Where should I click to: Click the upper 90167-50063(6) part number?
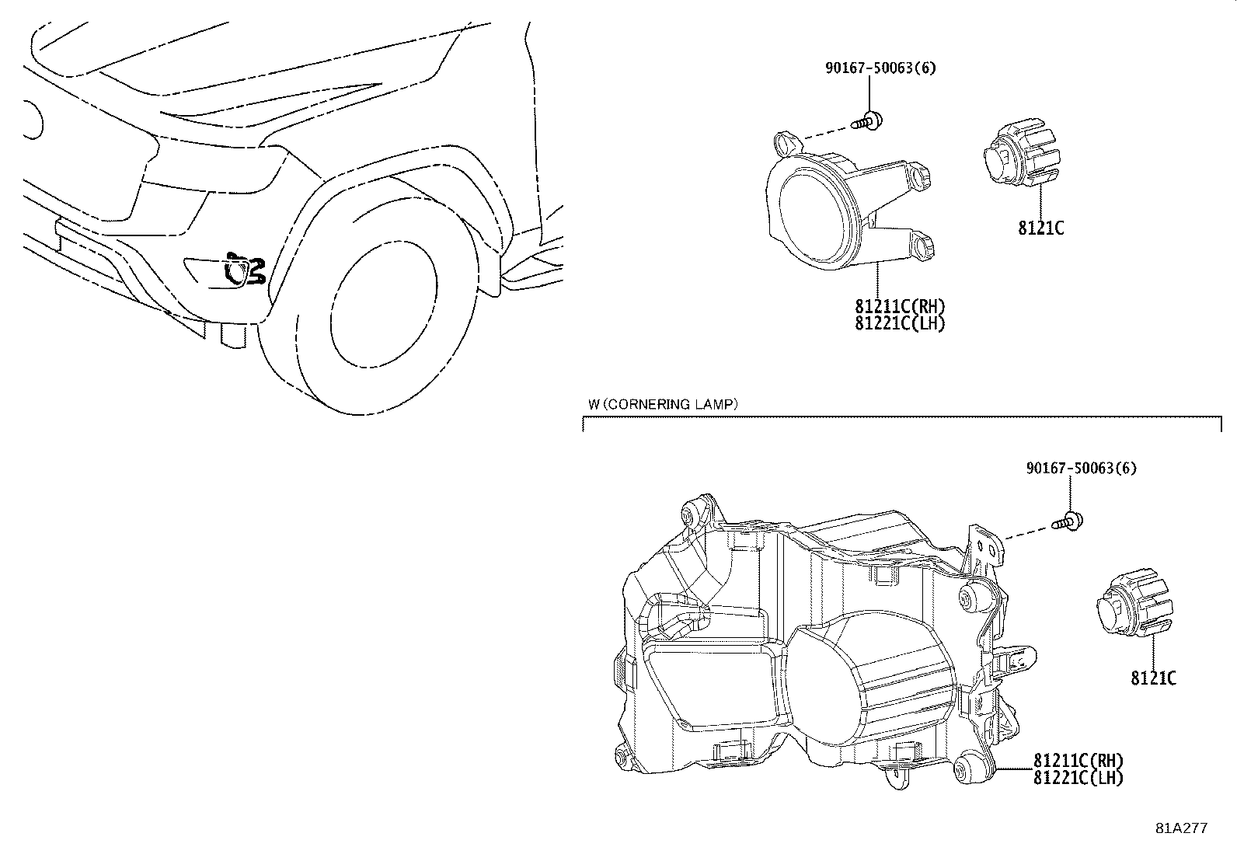coord(880,68)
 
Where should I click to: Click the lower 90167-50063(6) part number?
coord(1081,469)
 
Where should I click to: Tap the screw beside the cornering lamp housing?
coord(1069,522)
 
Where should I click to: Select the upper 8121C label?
coord(1040,228)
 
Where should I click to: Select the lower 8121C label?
coord(1153,678)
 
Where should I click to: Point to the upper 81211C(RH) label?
coord(900,307)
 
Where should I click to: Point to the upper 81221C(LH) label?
coord(900,323)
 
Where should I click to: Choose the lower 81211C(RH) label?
coord(1078,760)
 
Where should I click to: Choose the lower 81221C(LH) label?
coord(1078,776)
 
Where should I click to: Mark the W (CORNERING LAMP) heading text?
coord(662,404)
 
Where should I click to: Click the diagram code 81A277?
coord(1181,828)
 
